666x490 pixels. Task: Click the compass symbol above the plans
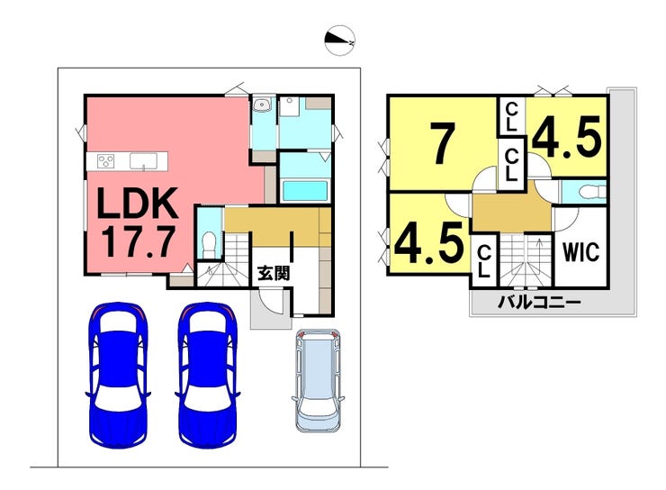pyautogui.click(x=340, y=40)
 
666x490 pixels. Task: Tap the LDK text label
pyautogui.click(x=136, y=204)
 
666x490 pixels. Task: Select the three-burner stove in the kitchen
pyautogui.click(x=105, y=161)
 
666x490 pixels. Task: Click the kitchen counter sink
pyautogui.click(x=143, y=161)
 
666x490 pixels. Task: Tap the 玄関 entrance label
pyautogui.click(x=273, y=272)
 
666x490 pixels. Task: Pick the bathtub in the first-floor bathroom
pyautogui.click(x=303, y=191)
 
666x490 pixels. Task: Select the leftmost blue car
pyautogui.click(x=118, y=373)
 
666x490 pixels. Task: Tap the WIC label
pyautogui.click(x=580, y=251)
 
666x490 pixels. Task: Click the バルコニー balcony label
pyautogui.click(x=540, y=302)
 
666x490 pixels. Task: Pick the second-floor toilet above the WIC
pyautogui.click(x=585, y=191)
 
